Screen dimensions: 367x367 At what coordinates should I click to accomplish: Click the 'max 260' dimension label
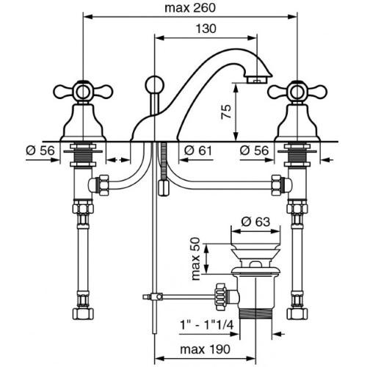tap(190, 8)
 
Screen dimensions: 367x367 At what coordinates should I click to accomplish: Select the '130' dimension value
tap(206, 29)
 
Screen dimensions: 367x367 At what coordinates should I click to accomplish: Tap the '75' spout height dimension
tap(226, 112)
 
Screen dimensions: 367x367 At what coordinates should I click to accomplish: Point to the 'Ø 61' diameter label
tap(197, 150)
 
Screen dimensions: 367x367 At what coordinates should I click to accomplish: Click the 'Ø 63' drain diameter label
tap(255, 222)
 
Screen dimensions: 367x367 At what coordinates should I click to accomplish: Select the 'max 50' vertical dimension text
tap(196, 259)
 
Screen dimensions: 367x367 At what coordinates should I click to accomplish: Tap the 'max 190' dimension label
tap(205, 349)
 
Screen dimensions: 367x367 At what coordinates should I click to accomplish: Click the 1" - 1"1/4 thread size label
tap(207, 325)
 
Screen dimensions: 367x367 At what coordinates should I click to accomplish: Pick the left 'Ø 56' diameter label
tap(40, 150)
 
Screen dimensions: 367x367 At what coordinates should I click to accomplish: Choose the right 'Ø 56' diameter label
tap(254, 150)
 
